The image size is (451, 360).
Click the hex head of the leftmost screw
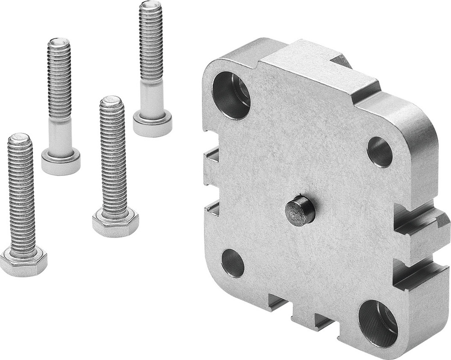[23, 262]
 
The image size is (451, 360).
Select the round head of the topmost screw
[152, 122]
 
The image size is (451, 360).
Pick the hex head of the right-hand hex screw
[115, 222]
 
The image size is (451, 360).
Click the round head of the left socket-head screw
[61, 161]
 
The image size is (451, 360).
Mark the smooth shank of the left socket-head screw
[60, 134]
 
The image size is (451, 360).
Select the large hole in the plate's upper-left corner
[231, 95]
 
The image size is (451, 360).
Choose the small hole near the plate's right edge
[380, 152]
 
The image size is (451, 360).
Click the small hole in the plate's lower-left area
[233, 263]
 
